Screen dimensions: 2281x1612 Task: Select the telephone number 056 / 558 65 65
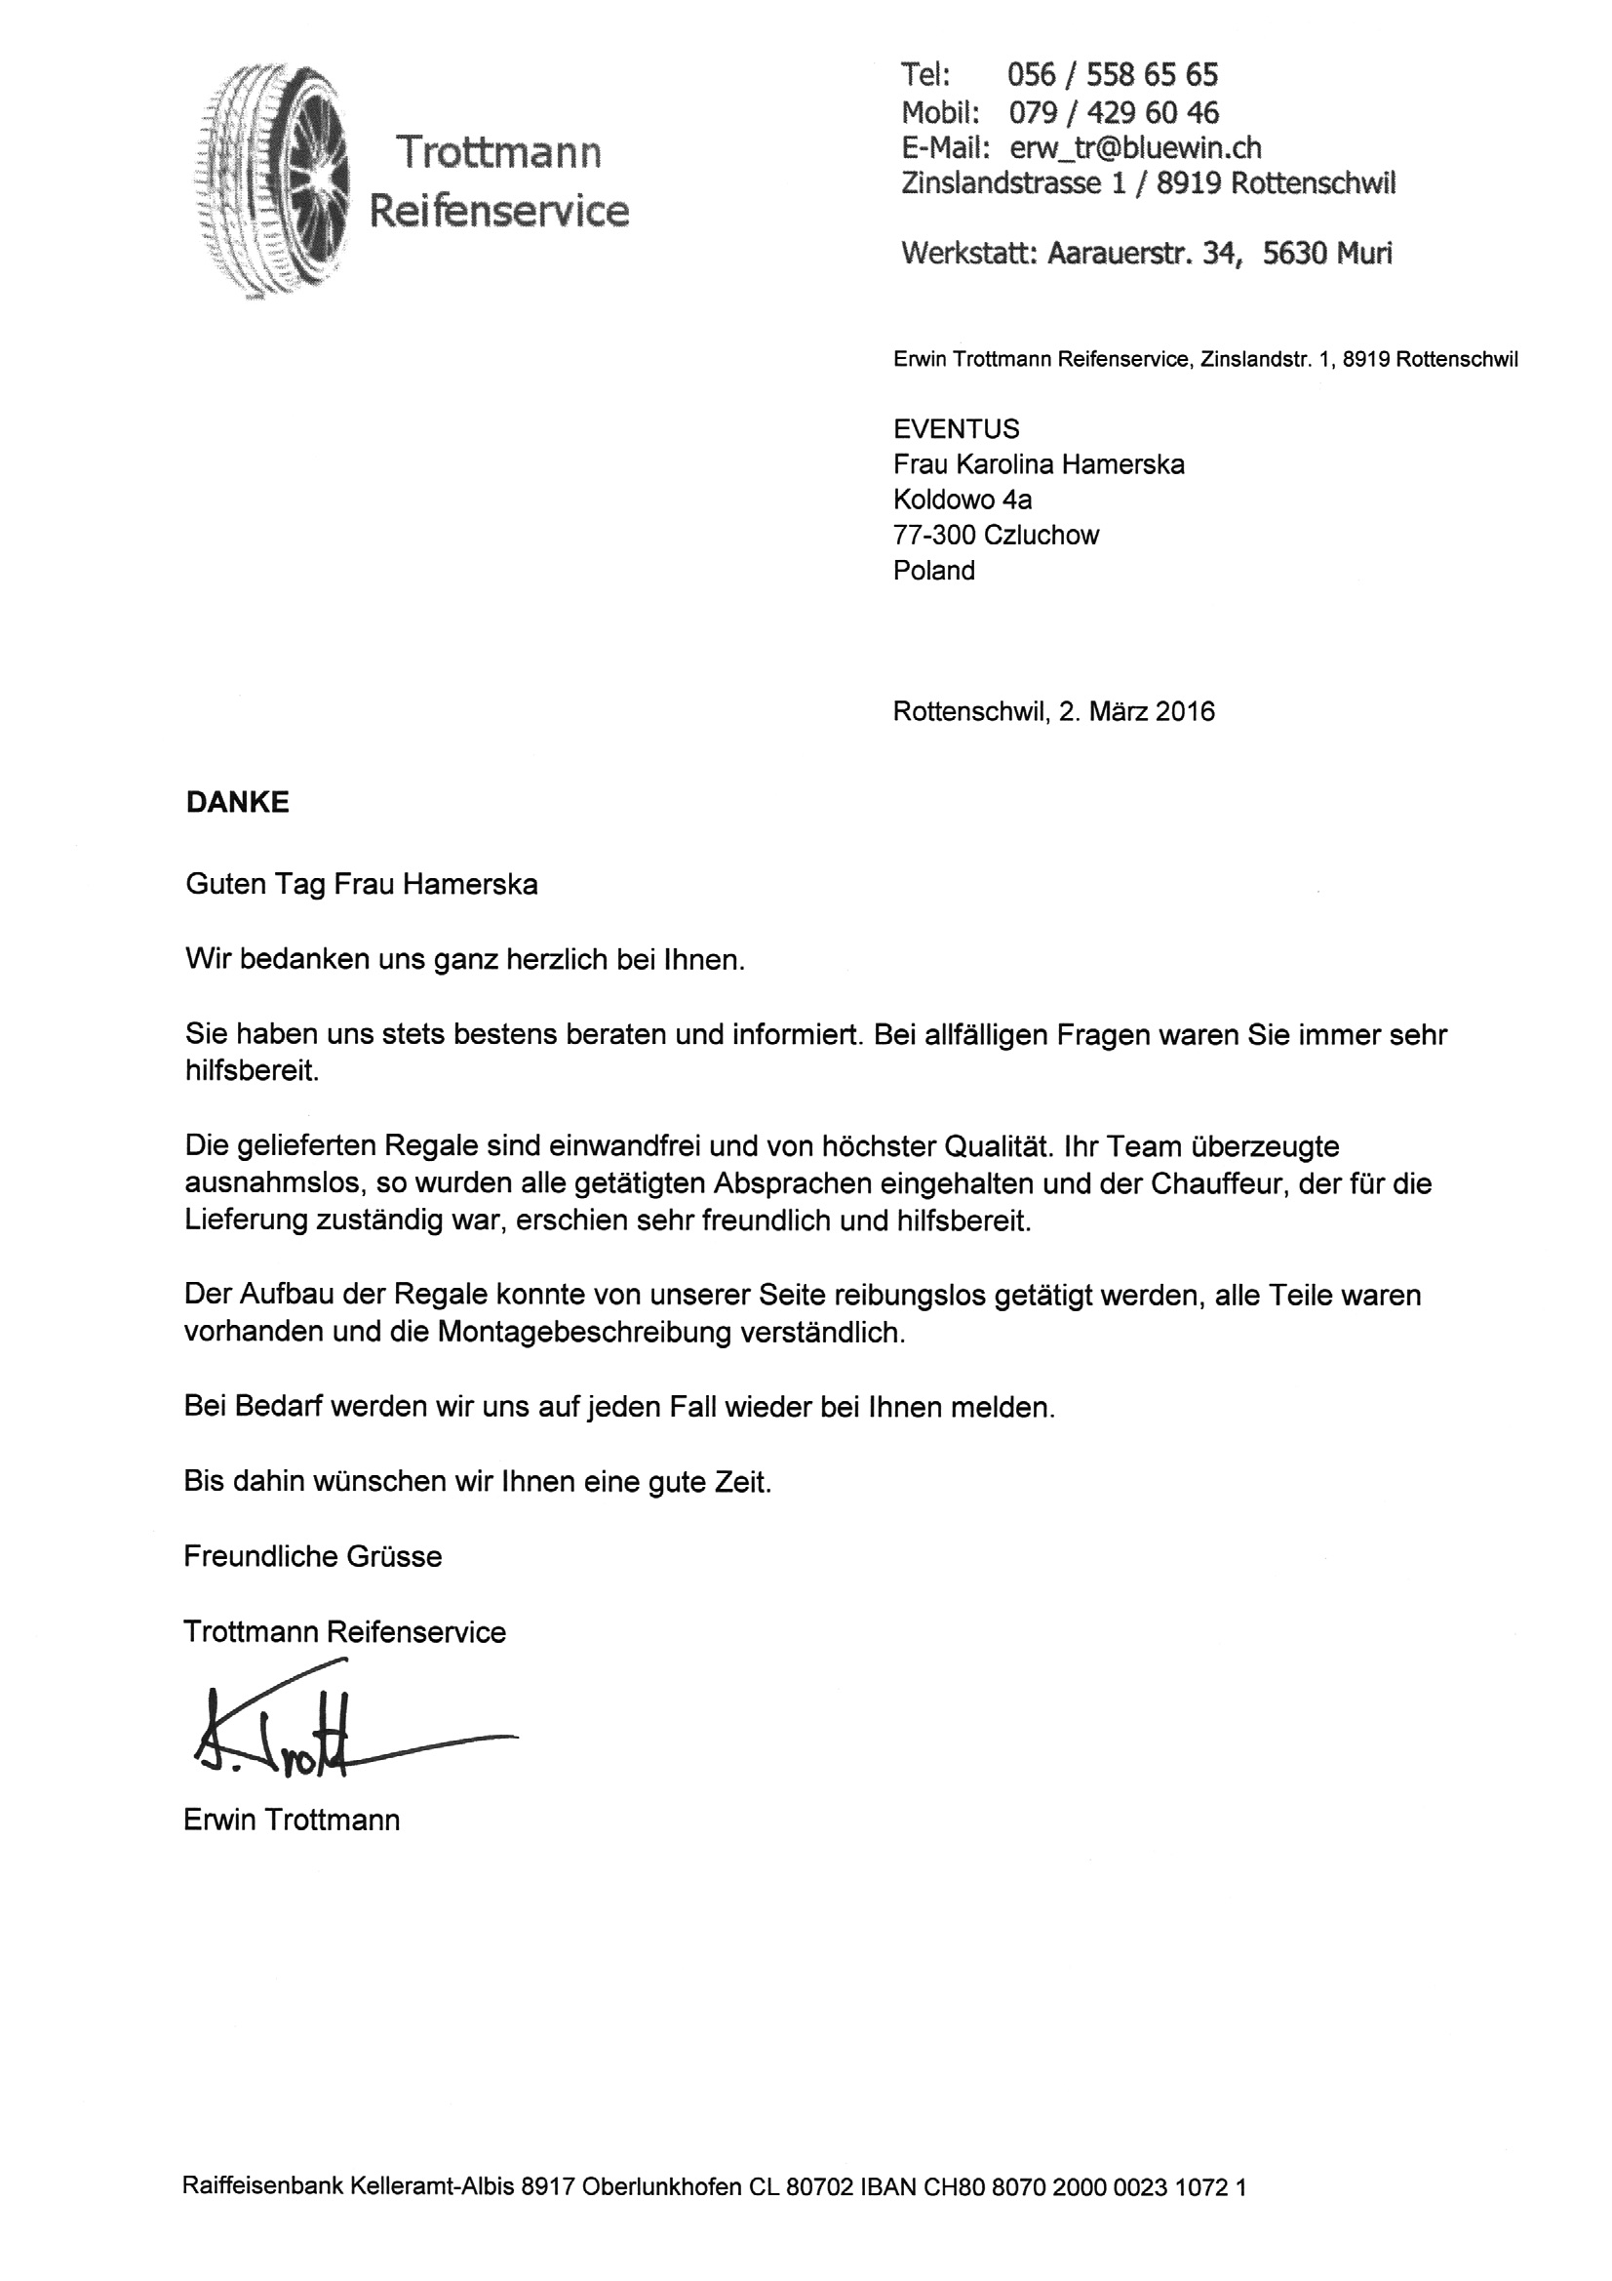(1112, 74)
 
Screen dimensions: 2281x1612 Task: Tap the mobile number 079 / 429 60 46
(1114, 111)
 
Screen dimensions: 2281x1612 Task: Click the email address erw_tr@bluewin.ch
(1134, 148)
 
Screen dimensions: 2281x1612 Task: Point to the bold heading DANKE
(237, 802)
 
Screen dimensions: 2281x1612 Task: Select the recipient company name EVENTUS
(956, 429)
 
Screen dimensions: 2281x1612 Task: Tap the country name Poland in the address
(933, 570)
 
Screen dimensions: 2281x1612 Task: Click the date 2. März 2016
(1136, 711)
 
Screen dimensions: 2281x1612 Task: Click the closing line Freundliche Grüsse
(313, 1557)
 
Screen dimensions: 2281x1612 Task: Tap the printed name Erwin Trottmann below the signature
(292, 1821)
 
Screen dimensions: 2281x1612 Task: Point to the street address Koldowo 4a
(962, 500)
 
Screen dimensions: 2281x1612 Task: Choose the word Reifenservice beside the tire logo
(498, 211)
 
